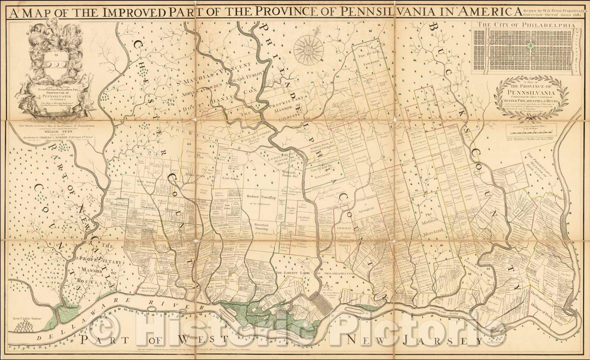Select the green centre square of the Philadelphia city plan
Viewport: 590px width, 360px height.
pos(530,46)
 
